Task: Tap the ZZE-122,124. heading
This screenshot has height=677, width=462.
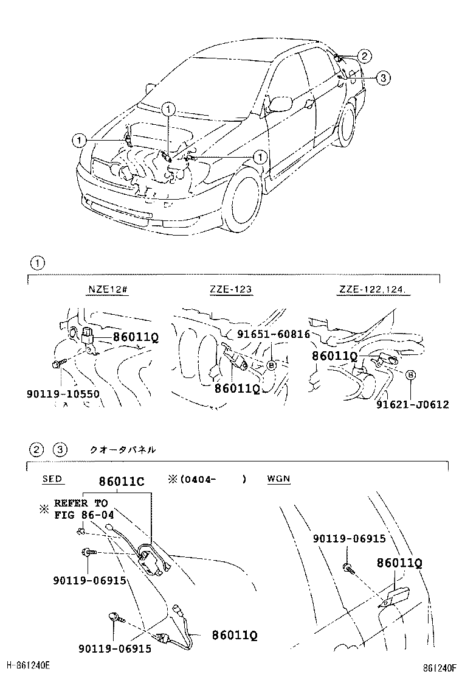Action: click(x=373, y=289)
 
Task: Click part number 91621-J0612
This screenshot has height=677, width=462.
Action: click(x=412, y=404)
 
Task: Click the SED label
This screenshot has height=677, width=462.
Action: click(x=52, y=479)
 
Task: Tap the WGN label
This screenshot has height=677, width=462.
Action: click(x=278, y=479)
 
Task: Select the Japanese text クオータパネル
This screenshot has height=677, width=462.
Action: click(x=122, y=450)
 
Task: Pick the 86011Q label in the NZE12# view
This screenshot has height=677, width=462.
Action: click(x=135, y=337)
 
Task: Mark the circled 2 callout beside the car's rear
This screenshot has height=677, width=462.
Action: click(x=364, y=57)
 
